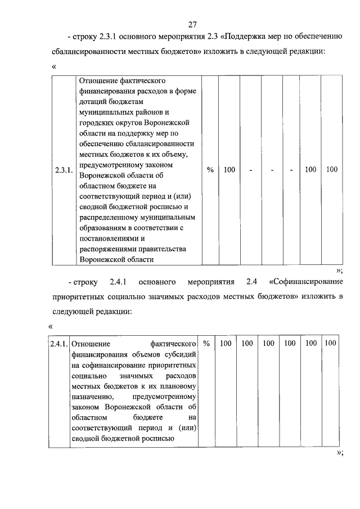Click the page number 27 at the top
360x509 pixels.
pyautogui.click(x=192, y=24)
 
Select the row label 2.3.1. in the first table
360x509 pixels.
pyautogui.click(x=63, y=170)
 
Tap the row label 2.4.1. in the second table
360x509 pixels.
pyautogui.click(x=58, y=343)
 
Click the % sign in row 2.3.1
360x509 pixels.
pyautogui.click(x=210, y=170)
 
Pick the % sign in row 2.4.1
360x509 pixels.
pyautogui.click(x=206, y=343)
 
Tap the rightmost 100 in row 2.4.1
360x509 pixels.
pyautogui.click(x=331, y=343)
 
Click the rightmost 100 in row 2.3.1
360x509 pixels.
pyautogui.click(x=332, y=170)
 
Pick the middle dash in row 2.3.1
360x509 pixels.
pyautogui.click(x=271, y=170)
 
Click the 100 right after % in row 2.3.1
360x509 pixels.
pyautogui.click(x=229, y=170)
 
